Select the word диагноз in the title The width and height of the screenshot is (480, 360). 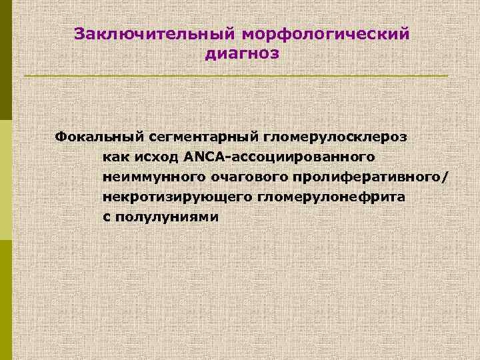(x=242, y=53)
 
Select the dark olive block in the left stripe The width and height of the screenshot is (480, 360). (x=6, y=60)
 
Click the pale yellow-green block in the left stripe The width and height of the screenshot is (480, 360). (x=6, y=180)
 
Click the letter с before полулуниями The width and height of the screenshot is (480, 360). (x=107, y=218)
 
